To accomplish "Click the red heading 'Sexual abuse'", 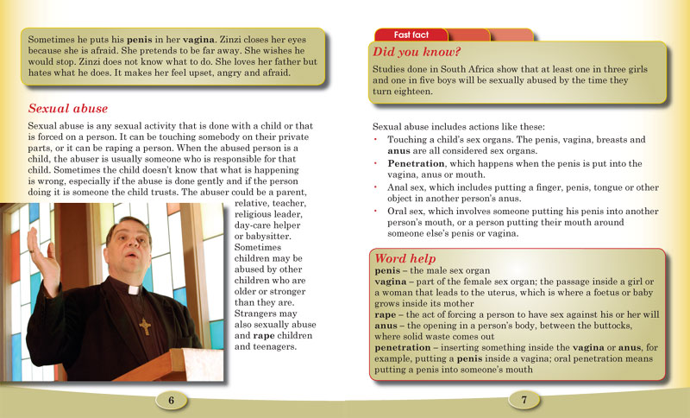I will (68, 109).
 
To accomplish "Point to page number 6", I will (172, 400).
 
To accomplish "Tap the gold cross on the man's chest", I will (145, 327).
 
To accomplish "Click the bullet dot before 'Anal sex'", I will (376, 186).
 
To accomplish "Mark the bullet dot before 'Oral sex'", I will (376, 210).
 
